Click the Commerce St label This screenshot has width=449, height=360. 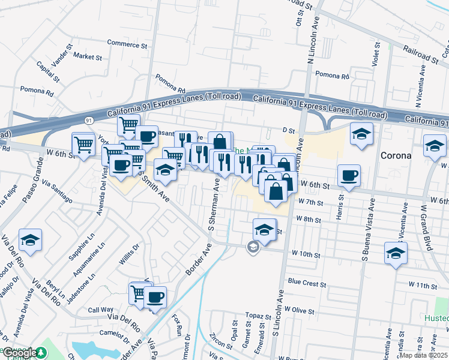point(127,44)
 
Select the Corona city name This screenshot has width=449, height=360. point(396,155)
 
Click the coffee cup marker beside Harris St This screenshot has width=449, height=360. point(349,176)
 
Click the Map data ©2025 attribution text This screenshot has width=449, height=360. point(423,355)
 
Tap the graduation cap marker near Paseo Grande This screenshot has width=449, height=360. point(30,241)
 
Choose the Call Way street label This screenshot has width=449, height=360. point(97,310)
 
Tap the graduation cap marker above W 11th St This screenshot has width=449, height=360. point(396,253)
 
